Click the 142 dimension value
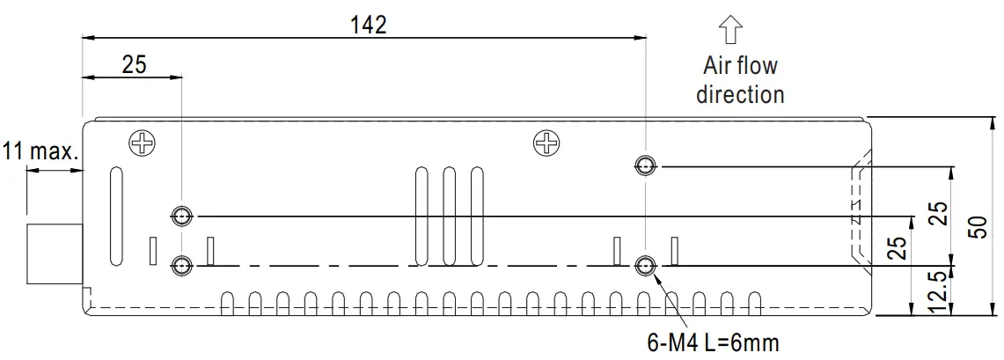(368, 25)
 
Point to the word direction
(740, 94)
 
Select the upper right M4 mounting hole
(645, 165)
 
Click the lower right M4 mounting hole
(645, 264)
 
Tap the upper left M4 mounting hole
(181, 215)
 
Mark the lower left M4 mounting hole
(181, 264)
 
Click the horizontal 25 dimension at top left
(134, 64)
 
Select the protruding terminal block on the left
(54, 253)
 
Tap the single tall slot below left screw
(114, 217)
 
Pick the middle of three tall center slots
(449, 216)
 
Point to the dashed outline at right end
(853, 211)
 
